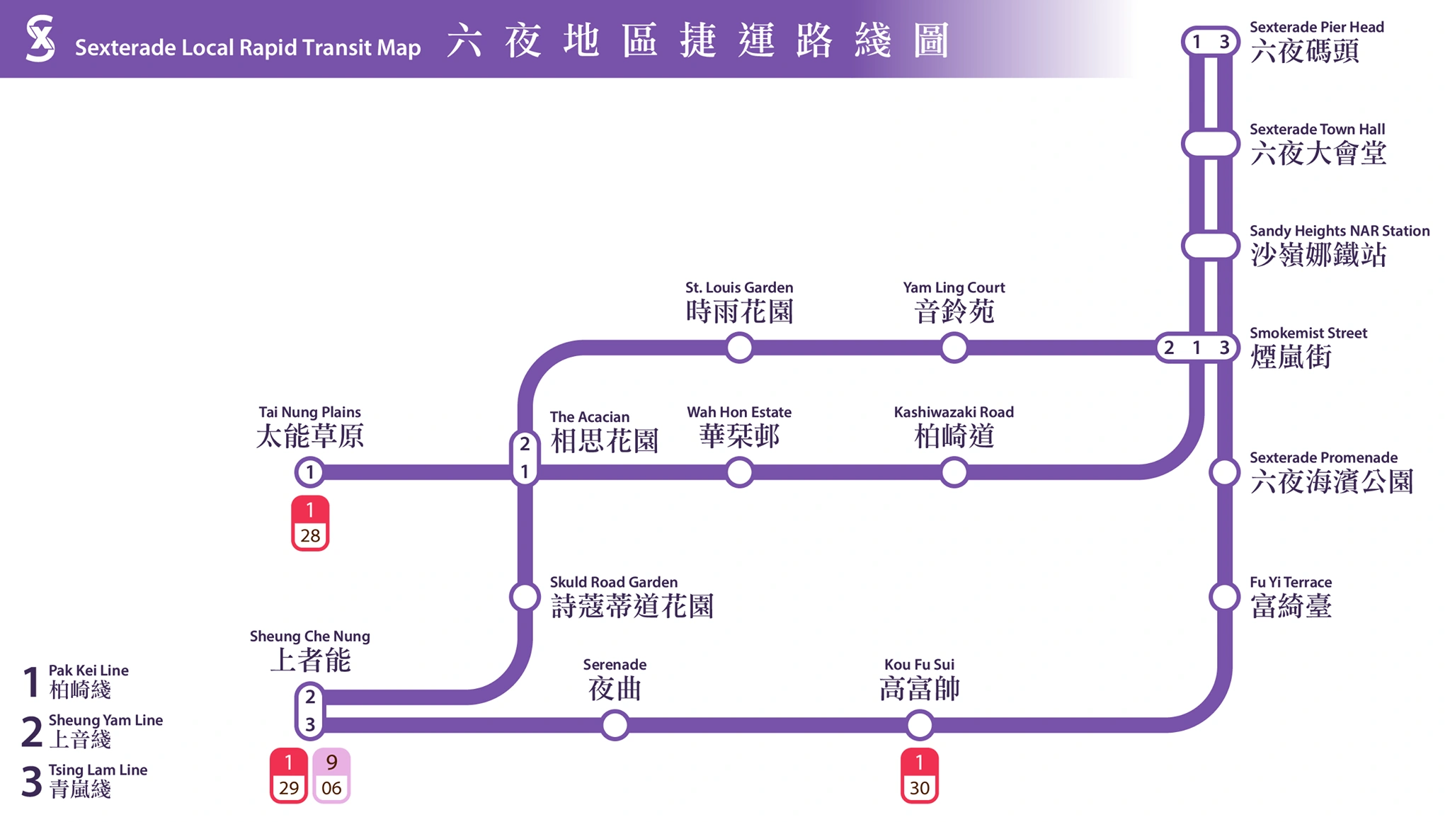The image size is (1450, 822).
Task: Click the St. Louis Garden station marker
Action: tap(739, 348)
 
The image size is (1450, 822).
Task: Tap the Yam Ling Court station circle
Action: tap(954, 348)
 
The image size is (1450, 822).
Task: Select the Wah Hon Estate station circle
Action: tap(739, 472)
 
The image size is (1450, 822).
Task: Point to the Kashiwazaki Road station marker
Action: tap(954, 472)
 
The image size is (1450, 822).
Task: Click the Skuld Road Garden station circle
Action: tap(525, 597)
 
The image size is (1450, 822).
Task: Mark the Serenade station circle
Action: tap(615, 725)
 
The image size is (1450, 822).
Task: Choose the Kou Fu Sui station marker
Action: tap(919, 725)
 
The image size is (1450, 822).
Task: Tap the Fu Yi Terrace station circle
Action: tap(1223, 597)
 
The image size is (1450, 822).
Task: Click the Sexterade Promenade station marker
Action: tap(1223, 472)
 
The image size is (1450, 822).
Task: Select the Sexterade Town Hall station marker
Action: tap(1210, 144)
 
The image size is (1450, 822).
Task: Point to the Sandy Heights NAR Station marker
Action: tap(1210, 246)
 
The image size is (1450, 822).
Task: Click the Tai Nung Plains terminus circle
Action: tap(309, 472)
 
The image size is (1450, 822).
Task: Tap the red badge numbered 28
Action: tap(310, 523)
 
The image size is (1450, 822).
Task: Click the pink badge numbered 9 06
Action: tap(331, 775)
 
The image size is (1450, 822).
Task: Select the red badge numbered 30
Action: tap(919, 775)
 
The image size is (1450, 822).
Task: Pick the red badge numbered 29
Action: tap(288, 775)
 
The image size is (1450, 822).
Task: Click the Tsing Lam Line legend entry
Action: tap(85, 780)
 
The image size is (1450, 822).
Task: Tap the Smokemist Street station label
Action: tap(1307, 348)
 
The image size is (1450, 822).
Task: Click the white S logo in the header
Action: tap(40, 39)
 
